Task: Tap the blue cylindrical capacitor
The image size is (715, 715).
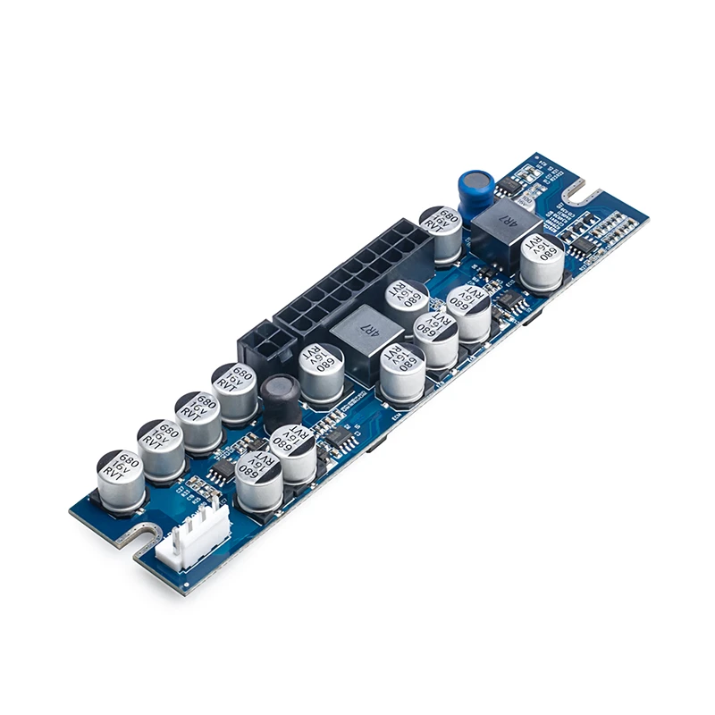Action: [x=476, y=190]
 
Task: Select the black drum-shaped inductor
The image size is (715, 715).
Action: [x=281, y=400]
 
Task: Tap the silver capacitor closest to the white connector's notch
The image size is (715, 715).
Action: [x=121, y=478]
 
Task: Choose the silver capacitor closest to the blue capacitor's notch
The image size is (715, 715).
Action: [x=542, y=260]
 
